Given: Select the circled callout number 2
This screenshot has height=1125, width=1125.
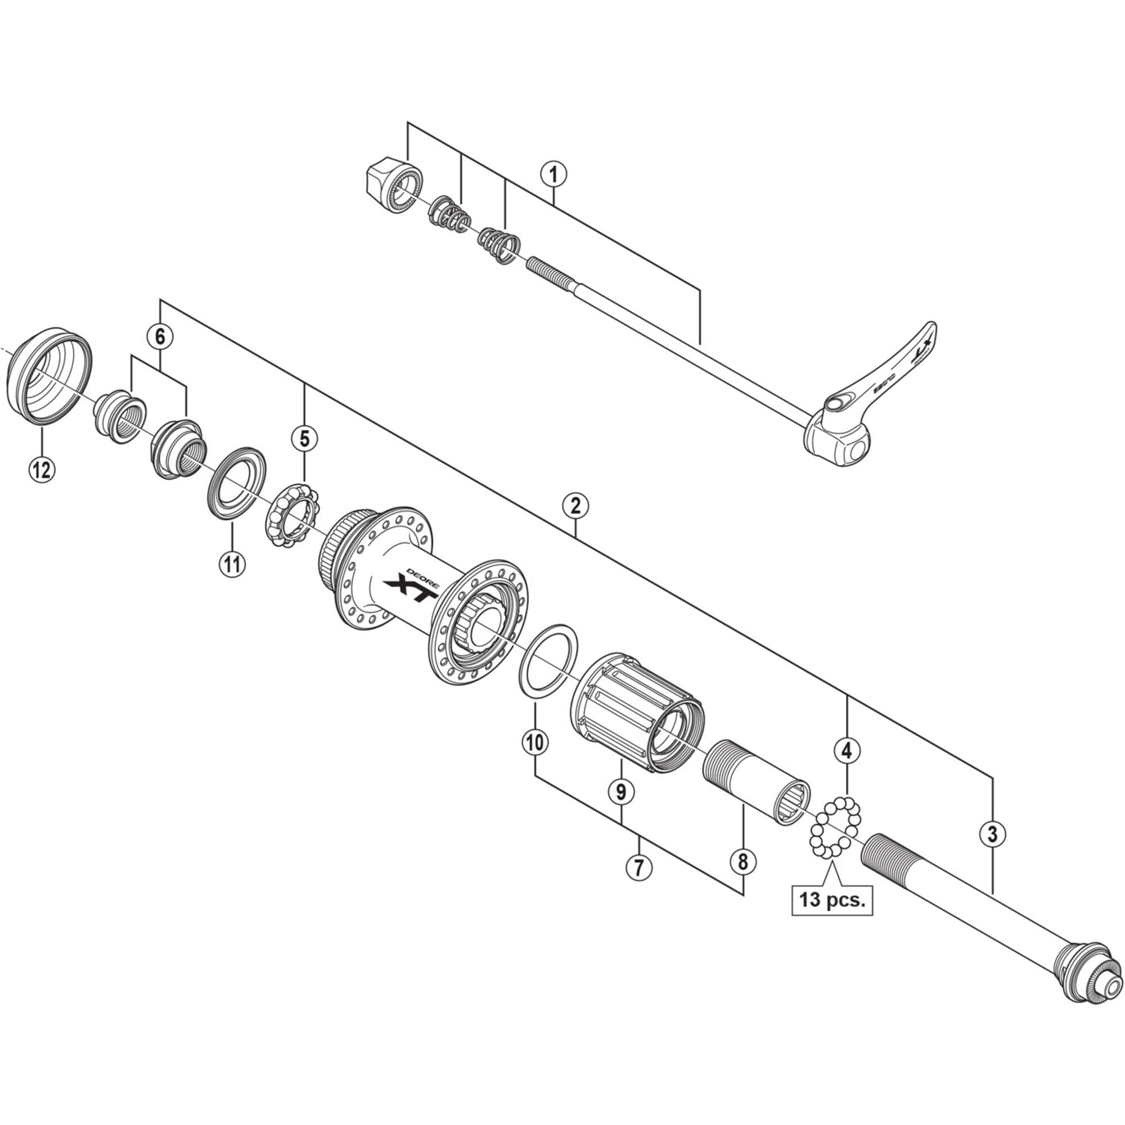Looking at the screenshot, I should coord(575,506).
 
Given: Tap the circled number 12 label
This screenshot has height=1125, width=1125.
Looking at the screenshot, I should coord(41,469).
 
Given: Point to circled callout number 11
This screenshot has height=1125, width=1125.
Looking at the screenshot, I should coord(232,563).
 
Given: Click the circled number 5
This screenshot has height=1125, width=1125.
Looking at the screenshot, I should coord(304,438).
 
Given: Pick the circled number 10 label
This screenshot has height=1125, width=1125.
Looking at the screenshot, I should coord(534,741).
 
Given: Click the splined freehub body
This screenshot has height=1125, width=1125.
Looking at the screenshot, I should coord(637,713).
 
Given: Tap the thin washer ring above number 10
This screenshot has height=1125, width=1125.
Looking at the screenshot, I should coord(548,660).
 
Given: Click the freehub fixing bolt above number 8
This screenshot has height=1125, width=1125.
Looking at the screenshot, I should coord(757,781).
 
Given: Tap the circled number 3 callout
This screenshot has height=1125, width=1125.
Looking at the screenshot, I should coord(992,834).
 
